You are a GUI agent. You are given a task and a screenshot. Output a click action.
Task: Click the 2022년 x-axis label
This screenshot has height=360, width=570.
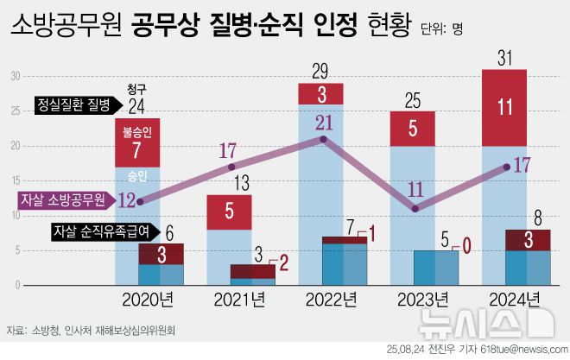point(332,300)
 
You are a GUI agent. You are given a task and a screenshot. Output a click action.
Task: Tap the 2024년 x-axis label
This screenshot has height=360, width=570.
point(516,300)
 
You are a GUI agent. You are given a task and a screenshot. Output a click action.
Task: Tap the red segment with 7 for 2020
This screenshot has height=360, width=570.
point(137,148)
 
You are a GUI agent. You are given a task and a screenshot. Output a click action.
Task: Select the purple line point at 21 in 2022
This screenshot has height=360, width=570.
point(323,139)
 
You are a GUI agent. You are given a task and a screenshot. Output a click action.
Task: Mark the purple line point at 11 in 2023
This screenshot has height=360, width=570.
point(415,208)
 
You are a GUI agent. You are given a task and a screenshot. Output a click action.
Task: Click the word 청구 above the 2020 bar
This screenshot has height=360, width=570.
point(136,89)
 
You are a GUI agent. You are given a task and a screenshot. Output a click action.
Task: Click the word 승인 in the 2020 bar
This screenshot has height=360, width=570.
point(137,175)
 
